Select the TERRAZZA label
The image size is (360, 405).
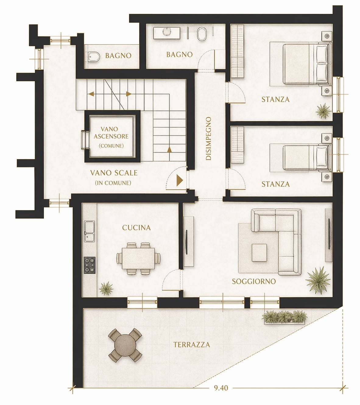pyautogui.click(x=192, y=345)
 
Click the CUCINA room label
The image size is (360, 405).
pyautogui.click(x=136, y=227)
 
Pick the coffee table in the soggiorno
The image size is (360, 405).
pyautogui.click(x=259, y=252)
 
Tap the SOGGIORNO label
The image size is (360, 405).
pyautogui.click(x=254, y=281)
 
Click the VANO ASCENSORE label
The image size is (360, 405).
pyautogui.click(x=111, y=136)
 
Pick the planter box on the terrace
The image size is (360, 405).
pyautogui.click(x=284, y=317)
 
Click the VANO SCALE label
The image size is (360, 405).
pyautogui.click(x=114, y=173)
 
